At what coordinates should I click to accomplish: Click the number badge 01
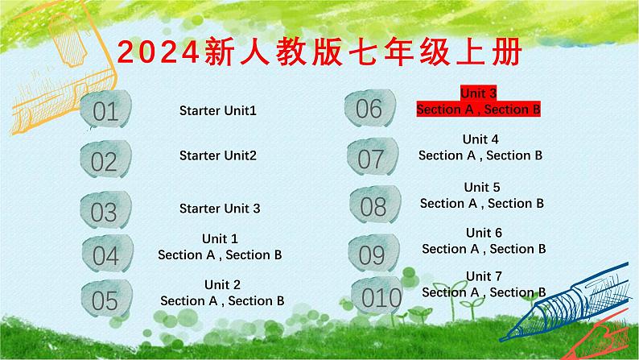[105, 111]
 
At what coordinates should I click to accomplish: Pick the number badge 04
[105, 255]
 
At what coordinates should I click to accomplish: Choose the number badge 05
[105, 300]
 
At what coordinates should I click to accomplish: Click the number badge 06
[369, 108]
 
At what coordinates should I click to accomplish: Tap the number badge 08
[373, 206]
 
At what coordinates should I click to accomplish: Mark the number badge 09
[372, 254]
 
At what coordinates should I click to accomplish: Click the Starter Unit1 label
[217, 110]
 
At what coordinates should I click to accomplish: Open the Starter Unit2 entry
[217, 155]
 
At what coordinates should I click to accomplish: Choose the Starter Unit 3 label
[220, 209]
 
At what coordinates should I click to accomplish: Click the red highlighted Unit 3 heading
[478, 93]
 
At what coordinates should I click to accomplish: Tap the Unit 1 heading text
[220, 238]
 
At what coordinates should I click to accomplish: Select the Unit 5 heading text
[482, 187]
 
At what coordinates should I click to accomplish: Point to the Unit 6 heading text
[484, 233]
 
